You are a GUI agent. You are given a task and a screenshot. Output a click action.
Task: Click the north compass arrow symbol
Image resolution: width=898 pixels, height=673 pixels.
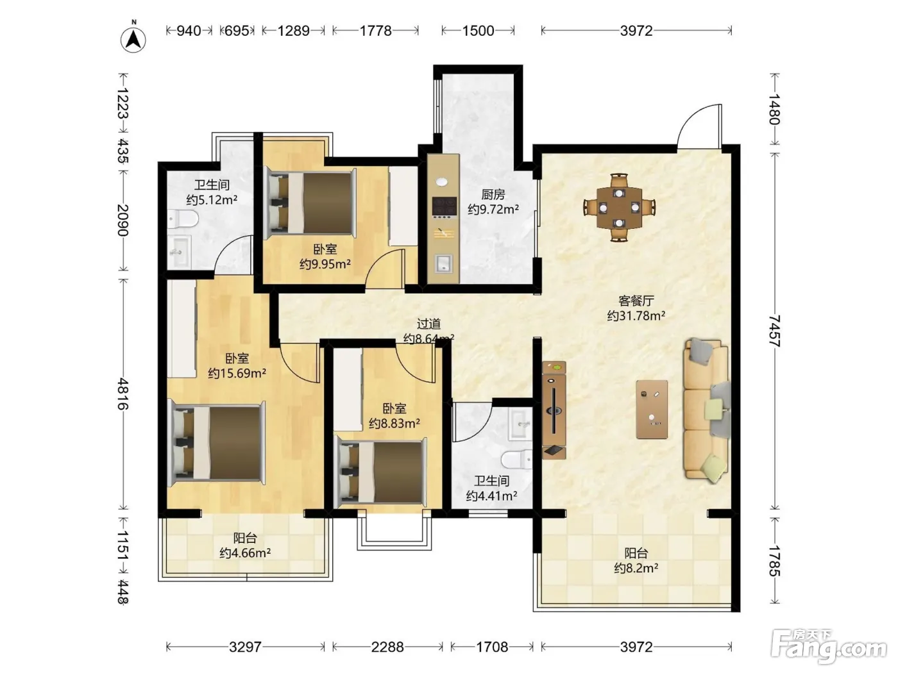(133, 40)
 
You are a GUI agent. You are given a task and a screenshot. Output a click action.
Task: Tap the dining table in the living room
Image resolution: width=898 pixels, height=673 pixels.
(619, 207)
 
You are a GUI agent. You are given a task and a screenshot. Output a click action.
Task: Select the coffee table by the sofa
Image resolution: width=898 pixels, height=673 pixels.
(652, 410)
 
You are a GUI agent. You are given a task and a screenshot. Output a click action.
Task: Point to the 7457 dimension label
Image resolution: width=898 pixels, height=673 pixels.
(774, 331)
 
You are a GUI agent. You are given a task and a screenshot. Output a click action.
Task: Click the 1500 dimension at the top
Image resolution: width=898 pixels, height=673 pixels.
(478, 31)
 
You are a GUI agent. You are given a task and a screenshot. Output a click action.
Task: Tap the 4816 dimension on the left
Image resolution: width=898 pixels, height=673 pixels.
(123, 394)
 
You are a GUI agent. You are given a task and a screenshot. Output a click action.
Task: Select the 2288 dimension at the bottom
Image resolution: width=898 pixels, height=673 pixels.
(387, 647)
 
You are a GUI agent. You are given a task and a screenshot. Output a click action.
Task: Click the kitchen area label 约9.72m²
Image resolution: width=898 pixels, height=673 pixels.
(493, 209)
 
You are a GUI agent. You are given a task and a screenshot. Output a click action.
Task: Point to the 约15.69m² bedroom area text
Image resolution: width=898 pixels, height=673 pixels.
(237, 373)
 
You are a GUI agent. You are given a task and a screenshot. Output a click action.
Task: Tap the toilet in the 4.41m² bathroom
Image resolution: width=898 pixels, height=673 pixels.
(517, 460)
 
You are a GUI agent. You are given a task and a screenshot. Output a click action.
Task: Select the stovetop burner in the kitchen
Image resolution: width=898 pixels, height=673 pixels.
(445, 206)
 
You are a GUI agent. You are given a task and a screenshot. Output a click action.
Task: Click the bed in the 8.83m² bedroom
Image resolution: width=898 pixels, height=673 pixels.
(380, 472)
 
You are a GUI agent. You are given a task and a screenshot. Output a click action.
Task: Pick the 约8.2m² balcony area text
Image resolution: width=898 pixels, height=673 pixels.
(636, 568)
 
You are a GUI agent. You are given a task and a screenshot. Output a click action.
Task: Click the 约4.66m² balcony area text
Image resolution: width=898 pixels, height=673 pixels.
(244, 553)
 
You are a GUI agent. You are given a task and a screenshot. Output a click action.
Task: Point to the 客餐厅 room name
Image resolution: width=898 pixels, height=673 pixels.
(636, 301)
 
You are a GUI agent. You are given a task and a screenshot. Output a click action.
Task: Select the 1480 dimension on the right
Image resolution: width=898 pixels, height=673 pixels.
(774, 109)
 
